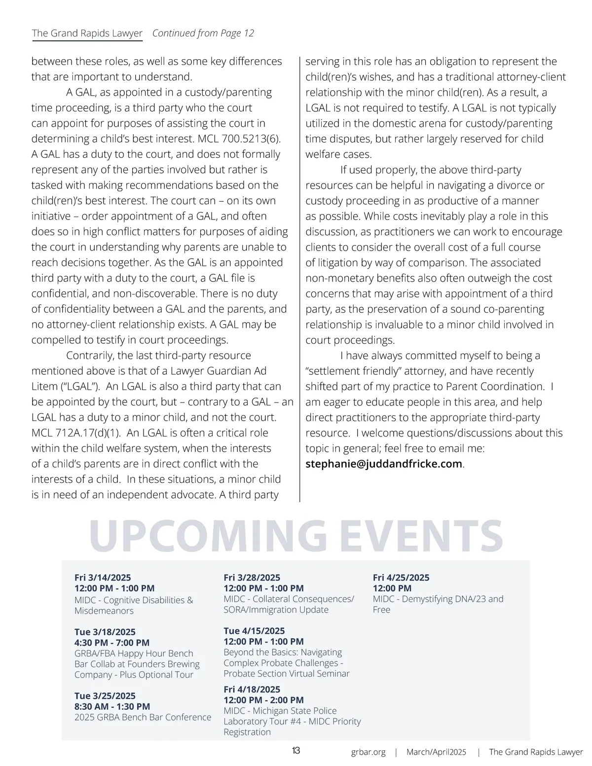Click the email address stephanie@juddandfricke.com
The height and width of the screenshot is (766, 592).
[384, 464]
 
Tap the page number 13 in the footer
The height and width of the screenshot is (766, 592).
[296, 751]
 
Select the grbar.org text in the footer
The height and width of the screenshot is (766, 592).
[368, 752]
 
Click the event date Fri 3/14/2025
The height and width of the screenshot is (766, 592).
[103, 578]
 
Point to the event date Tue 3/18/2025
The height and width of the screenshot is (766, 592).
[105, 632]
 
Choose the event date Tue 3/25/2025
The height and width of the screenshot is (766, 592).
[105, 696]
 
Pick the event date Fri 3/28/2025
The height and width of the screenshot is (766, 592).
[252, 578]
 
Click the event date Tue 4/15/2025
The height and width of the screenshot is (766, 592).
[254, 631]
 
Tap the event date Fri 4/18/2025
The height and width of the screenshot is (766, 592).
[252, 690]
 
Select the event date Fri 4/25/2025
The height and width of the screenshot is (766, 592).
[401, 578]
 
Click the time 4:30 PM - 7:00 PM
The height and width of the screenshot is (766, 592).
[112, 643]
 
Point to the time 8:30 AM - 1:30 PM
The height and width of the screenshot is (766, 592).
[112, 706]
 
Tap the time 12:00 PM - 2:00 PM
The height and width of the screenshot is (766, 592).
[263, 700]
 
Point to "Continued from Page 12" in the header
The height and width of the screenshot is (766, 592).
[203, 33]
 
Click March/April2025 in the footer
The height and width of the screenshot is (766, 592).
[436, 752]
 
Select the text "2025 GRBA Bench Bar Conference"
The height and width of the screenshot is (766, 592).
[143, 717]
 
